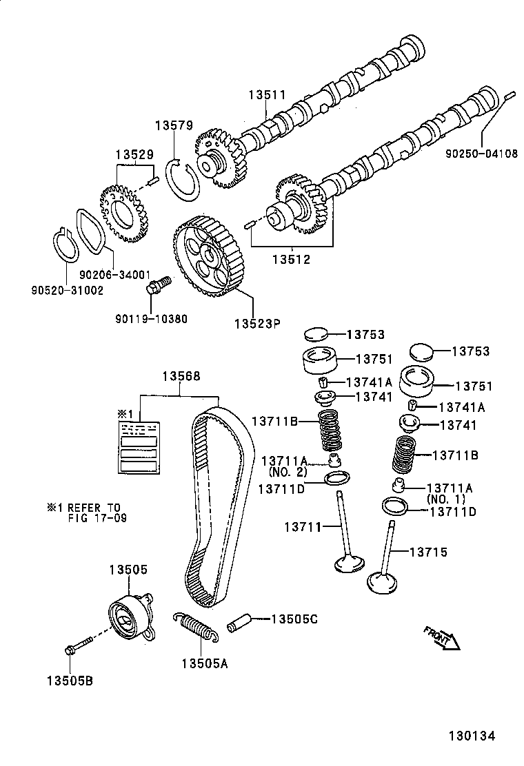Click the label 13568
181,376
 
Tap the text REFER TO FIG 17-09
87,512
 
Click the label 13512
291,260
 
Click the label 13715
428,552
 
